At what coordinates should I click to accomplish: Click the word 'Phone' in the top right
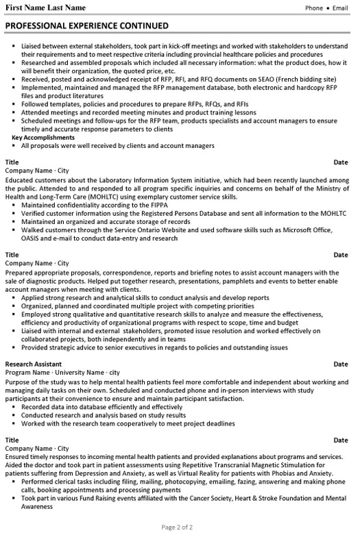coord(314,8)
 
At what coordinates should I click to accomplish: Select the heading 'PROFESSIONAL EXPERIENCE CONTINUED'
coord(86,26)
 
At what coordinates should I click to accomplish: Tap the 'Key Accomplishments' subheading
coord(44,138)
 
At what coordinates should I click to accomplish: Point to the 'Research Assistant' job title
coord(34,364)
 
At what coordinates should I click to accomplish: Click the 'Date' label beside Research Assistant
coord(340,364)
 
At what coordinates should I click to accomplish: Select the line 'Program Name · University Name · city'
coord(62,372)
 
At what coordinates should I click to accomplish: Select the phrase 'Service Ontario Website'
coord(148,231)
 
